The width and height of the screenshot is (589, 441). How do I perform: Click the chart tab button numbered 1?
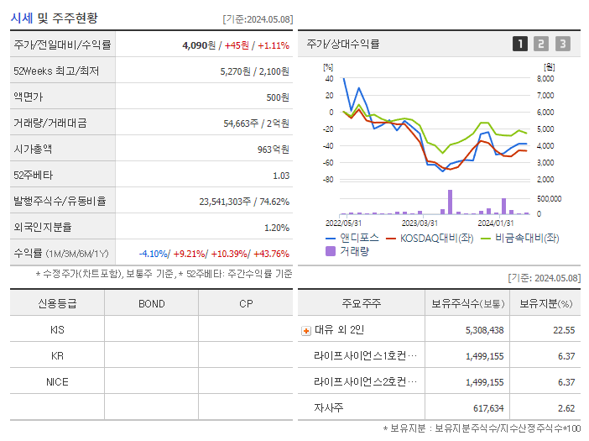click(x=520, y=44)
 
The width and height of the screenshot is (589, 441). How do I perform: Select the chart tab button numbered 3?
click(x=562, y=44)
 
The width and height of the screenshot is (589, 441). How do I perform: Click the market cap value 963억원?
click(x=273, y=150)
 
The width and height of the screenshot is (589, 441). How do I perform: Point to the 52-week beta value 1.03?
click(x=281, y=176)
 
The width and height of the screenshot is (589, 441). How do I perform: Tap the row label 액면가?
click(x=27, y=97)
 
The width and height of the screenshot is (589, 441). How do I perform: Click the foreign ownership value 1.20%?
click(x=276, y=228)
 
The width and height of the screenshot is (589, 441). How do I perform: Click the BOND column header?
click(x=151, y=304)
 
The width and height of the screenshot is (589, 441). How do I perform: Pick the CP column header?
click(x=246, y=304)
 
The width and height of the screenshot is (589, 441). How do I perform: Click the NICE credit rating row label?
click(x=57, y=382)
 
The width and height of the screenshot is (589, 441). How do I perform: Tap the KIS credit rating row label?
click(x=57, y=330)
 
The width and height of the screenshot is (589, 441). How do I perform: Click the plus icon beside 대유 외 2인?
click(x=305, y=331)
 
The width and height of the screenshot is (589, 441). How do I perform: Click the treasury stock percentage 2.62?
click(x=565, y=408)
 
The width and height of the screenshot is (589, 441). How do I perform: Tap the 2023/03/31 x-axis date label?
click(x=420, y=223)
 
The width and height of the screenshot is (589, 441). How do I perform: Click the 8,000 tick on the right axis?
click(x=545, y=78)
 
